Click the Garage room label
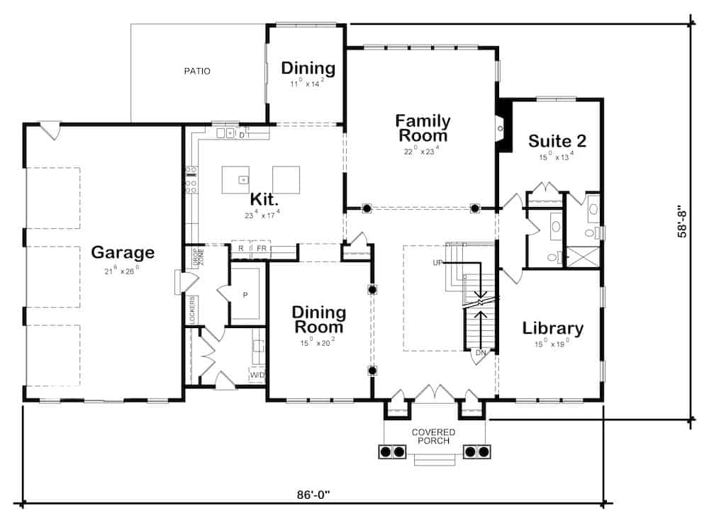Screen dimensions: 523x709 [x=123, y=252]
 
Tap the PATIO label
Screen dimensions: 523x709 [x=197, y=71]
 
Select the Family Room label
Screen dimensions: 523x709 [x=422, y=128]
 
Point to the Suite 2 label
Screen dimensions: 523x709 [x=557, y=140]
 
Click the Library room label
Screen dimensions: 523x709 [x=553, y=328]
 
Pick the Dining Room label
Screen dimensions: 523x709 [x=319, y=320]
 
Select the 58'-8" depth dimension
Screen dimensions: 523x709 [x=683, y=222]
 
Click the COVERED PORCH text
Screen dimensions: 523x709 [x=433, y=437]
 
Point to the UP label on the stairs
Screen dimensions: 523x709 [x=437, y=263]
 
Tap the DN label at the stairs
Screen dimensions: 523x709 [x=480, y=352]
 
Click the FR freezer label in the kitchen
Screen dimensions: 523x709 [x=262, y=249]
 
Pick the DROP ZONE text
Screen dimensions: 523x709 [x=196, y=259]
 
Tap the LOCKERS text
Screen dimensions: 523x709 [x=192, y=309]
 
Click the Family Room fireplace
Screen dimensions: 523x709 [x=503, y=128]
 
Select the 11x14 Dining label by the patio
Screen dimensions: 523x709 [x=308, y=69]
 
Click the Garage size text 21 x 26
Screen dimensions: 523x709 [x=123, y=270]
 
